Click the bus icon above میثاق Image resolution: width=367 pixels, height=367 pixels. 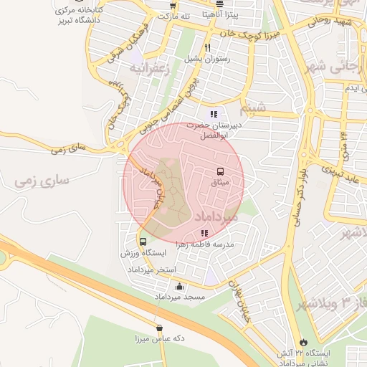[x=219, y=171]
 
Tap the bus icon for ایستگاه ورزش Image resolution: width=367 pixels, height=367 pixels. [x=143, y=242]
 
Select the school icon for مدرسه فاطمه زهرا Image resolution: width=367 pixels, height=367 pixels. [x=204, y=233]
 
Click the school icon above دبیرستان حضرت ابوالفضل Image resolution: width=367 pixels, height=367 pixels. [x=213, y=113]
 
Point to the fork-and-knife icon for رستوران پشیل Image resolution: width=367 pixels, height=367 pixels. [x=207, y=47]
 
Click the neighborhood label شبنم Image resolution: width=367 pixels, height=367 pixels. [x=257, y=108]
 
